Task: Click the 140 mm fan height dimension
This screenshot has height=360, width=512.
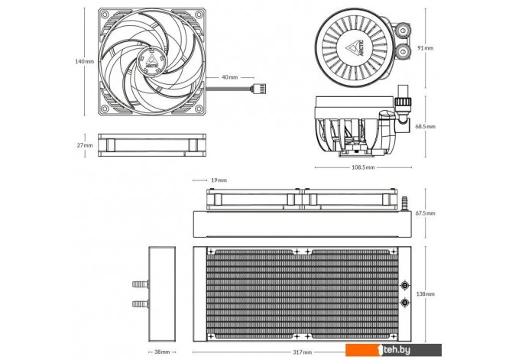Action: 84,61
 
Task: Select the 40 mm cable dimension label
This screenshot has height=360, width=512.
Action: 230,77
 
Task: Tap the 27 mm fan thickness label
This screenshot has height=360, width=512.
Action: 85,145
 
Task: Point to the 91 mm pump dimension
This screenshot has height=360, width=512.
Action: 426,48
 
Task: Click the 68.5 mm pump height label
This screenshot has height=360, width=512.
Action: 426,126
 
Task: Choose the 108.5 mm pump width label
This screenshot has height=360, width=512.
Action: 363,167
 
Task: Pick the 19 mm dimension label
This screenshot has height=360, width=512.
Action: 219,180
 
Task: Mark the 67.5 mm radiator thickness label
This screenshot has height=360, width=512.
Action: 426,213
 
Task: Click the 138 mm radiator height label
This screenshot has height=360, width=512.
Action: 426,294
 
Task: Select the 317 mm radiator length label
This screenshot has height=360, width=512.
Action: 303,352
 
